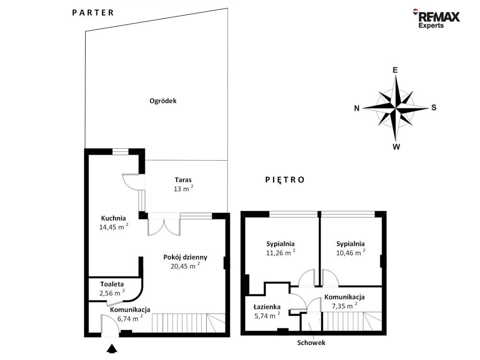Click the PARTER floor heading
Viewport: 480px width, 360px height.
93,13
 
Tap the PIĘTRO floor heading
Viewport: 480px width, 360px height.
285,180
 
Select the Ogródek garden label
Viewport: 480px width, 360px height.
163,101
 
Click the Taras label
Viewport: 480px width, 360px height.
183,180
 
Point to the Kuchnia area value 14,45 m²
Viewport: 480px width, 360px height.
113,226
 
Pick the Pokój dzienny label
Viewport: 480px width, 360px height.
185,257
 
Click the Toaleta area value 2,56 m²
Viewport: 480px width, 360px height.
112,292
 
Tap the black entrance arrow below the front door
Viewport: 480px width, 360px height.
112,348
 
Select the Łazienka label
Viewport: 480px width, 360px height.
267,307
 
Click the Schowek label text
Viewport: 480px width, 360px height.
311,343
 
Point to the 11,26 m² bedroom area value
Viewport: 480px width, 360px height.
281,253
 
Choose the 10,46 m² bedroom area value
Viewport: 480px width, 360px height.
351,253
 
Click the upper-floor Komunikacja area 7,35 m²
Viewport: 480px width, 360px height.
345,306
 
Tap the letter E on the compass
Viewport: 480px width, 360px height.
395,70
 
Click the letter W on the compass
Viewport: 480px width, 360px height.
396,147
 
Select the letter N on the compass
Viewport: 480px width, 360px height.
357,108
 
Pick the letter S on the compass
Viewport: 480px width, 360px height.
434,107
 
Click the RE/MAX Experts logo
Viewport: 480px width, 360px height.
436,18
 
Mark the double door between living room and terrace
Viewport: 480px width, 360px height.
164,226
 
